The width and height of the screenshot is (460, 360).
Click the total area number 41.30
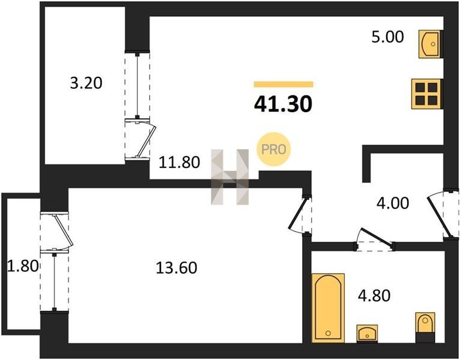pyautogui.click(x=283, y=104)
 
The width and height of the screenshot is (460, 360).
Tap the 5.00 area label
pyautogui.click(x=387, y=37)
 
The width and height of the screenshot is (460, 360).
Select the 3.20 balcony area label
pyautogui.click(x=86, y=83)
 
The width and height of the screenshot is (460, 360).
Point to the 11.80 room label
pyautogui.click(x=179, y=162)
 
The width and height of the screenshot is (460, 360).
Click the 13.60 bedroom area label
pyautogui.click(x=177, y=268)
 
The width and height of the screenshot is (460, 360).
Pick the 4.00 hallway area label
pyautogui.click(x=393, y=203)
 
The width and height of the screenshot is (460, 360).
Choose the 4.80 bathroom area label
pyautogui.click(x=374, y=296)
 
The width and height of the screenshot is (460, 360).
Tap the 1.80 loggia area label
pyautogui.click(x=23, y=266)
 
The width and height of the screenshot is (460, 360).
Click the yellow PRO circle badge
pyautogui.click(x=273, y=149)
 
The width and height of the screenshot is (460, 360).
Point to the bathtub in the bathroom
pyautogui.click(x=328, y=308)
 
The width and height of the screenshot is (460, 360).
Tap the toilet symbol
pyautogui.click(x=425, y=327)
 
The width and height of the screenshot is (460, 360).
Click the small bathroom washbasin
pyautogui.click(x=367, y=334)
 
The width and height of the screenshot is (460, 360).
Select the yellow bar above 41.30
pyautogui.click(x=283, y=85)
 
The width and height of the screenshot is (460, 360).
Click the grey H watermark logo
pyautogui.click(x=230, y=177)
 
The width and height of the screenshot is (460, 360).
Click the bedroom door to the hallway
pyautogui.click(x=298, y=214)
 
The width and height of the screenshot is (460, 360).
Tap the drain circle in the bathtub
pyautogui.click(x=328, y=334)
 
